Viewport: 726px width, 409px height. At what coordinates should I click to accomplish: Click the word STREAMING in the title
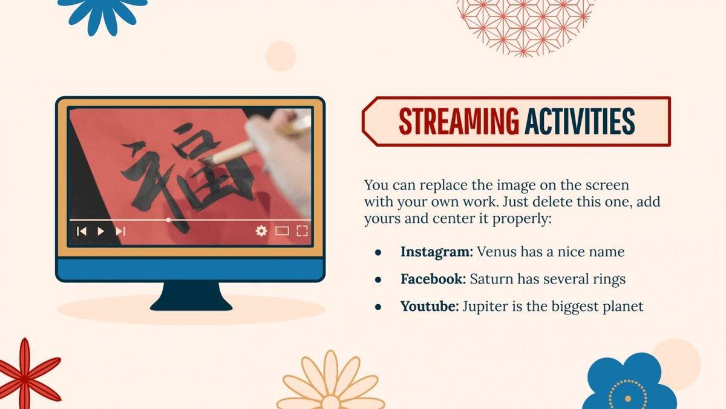point(459,121)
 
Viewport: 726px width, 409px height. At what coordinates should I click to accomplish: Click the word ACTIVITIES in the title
point(580,121)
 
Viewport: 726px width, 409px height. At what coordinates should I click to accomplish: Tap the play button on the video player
point(101,231)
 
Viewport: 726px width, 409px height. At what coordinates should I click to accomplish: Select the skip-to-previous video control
point(81,231)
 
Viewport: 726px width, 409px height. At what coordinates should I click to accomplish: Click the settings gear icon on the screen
point(261,231)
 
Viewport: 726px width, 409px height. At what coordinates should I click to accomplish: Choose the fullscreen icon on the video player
point(302,231)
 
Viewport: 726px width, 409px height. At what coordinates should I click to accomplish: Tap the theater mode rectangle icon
point(282,231)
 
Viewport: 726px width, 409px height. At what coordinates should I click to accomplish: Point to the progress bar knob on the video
point(168,220)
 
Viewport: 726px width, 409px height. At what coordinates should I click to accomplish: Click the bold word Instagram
point(437,252)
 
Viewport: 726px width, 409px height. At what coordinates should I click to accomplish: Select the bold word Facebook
point(433,279)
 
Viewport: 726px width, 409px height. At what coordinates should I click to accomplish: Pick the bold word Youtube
point(430,306)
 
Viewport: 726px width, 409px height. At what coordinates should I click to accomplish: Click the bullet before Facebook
point(378,279)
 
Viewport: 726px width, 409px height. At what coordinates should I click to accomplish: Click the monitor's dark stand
point(191,296)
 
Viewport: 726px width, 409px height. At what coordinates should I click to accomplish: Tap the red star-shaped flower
point(25,376)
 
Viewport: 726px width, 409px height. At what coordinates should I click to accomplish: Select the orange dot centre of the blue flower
point(628,398)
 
